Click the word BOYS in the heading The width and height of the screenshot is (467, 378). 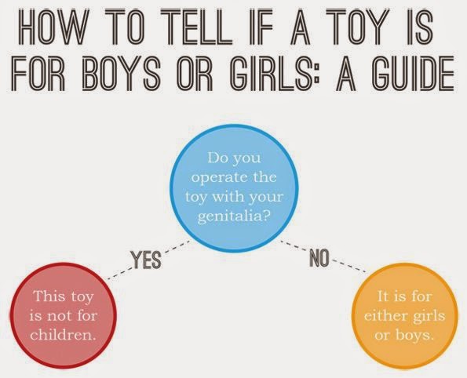click(120, 73)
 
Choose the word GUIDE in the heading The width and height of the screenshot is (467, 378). click(414, 73)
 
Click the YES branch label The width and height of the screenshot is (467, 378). click(146, 260)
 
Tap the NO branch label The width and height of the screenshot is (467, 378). click(319, 258)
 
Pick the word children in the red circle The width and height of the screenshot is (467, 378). click(63, 335)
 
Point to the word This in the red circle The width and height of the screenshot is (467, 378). click(46, 296)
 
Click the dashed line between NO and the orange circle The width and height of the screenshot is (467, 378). click(348, 267)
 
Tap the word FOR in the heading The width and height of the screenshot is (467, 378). click(38, 73)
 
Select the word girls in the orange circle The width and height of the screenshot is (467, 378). click(429, 316)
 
